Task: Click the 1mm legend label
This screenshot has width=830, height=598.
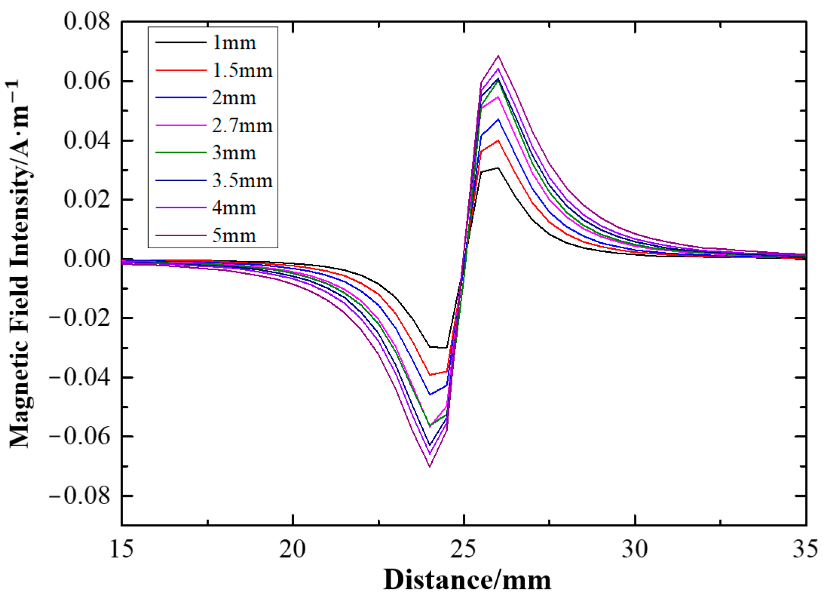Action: pos(234,43)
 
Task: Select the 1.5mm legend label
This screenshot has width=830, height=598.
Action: pos(242,70)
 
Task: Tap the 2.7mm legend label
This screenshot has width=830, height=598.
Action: pos(242,125)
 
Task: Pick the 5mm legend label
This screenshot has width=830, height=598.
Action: pos(234,235)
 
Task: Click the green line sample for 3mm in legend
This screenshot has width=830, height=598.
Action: pos(181,152)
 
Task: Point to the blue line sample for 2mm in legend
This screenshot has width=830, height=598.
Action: pos(181,97)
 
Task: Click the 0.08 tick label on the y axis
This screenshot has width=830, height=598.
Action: pos(87,22)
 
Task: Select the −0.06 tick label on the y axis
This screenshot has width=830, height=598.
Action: pos(79,436)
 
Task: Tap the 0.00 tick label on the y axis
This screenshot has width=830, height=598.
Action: pos(87,259)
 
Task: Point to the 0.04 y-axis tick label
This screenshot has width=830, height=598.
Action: pos(87,141)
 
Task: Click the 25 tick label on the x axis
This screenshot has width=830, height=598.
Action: pos(464,549)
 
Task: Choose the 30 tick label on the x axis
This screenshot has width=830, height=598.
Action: pos(635,549)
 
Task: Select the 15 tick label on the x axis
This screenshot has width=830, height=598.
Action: pos(122,549)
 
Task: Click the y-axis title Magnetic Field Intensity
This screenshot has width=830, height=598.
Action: pos(20,263)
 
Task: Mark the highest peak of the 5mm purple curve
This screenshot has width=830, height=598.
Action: pos(498,56)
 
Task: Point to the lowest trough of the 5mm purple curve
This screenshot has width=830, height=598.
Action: pos(430,467)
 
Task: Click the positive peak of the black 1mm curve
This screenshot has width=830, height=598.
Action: pos(498,168)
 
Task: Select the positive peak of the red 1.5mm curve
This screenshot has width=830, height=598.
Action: pos(498,141)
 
